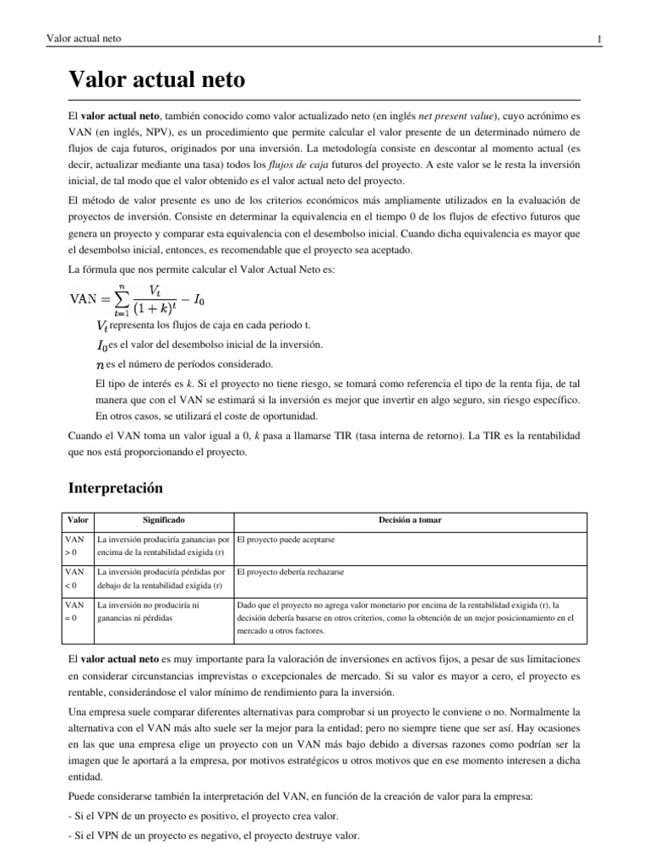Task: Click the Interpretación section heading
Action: click(114, 488)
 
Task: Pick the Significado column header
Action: click(164, 520)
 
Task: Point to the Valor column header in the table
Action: click(79, 520)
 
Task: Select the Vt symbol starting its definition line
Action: click(102, 326)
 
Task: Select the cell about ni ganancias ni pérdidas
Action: click(164, 612)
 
